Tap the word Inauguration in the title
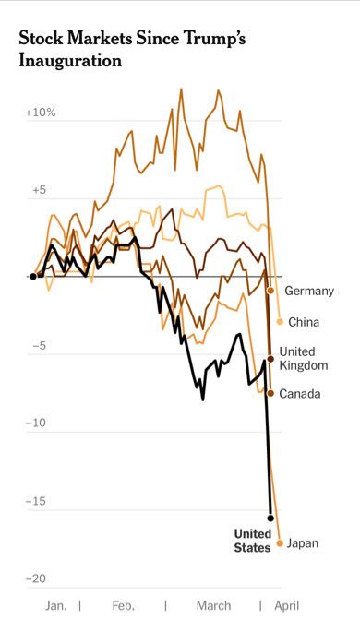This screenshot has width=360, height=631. tap(70, 62)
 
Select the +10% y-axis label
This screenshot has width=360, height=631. tap(41, 113)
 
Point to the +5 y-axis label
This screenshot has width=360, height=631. tap(38, 190)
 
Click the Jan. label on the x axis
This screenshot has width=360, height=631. tap(55, 606)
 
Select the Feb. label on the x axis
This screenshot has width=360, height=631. tap(123, 606)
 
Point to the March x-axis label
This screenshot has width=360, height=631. tap(213, 606)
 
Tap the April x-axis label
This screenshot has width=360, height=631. tap(285, 606)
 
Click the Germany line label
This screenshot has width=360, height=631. tap(309, 292)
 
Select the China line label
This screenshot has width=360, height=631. tap(304, 322)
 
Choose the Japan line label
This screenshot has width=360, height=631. tap(302, 543)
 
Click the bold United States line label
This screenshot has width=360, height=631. tap(252, 541)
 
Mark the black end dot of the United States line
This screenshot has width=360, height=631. tap(270, 518)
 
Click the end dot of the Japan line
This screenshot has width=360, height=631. tap(281, 543)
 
